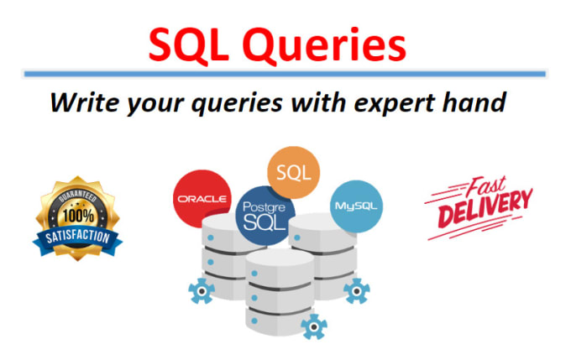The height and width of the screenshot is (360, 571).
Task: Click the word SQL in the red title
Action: (x=189, y=45)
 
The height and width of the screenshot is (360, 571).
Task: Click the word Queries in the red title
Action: (x=324, y=45)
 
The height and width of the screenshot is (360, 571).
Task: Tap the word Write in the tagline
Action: (x=85, y=102)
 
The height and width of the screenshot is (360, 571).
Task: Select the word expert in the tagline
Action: (x=395, y=103)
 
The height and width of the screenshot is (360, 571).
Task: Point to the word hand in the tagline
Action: (x=474, y=102)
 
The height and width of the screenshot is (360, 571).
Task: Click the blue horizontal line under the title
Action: (x=285, y=74)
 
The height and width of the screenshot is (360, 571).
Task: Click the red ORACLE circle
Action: (x=202, y=198)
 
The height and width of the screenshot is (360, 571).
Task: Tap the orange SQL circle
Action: (x=294, y=172)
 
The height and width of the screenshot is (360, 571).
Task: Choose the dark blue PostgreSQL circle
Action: (x=265, y=216)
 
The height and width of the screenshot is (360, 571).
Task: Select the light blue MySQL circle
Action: (x=356, y=206)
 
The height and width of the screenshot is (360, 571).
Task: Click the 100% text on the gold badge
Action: (x=78, y=216)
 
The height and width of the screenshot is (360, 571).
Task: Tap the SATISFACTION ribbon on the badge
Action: (x=77, y=238)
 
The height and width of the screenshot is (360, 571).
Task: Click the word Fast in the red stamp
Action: (x=486, y=185)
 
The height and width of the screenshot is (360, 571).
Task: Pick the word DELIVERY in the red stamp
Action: (x=485, y=208)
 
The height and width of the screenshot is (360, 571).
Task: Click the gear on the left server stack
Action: (x=202, y=291)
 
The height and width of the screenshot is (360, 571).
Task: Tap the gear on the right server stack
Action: (x=357, y=291)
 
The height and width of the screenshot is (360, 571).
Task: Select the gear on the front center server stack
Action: (x=314, y=327)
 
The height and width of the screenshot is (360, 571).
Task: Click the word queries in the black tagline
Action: (x=237, y=104)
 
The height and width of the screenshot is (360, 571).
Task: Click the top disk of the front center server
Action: (x=280, y=269)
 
